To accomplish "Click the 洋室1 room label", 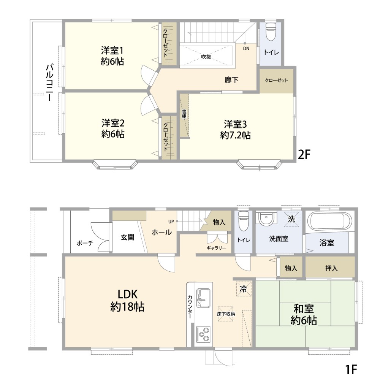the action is [x=112, y=51].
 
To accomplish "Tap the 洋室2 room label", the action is [x=113, y=123].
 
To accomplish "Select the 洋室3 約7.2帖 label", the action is [x=235, y=130].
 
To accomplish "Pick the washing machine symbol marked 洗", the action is [x=291, y=219].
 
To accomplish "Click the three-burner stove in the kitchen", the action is [x=203, y=334].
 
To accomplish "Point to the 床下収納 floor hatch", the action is [x=226, y=314].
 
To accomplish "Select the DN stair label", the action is [x=246, y=49].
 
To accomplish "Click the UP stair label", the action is [x=171, y=222].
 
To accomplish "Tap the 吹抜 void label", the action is [x=206, y=57].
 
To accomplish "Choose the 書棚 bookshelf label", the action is [x=184, y=114].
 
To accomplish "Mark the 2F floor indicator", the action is [x=304, y=154].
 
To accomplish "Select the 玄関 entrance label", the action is [x=127, y=237].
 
